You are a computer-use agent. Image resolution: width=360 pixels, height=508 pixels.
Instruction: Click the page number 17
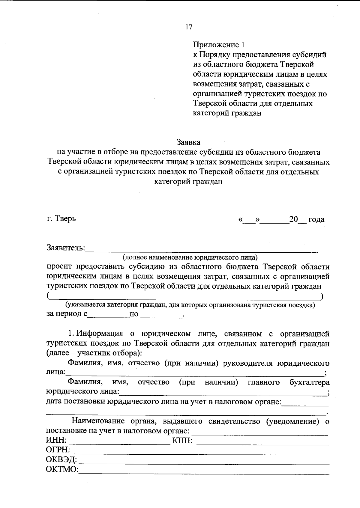[x=189, y=27]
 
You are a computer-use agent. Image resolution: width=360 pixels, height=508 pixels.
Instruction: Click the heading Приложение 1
[x=219, y=45]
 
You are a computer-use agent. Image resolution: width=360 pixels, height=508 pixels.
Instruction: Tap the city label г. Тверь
[x=61, y=218]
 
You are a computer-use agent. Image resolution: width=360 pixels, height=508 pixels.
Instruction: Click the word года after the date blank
[x=316, y=219]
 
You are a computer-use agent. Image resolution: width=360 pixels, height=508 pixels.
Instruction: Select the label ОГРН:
[x=58, y=450]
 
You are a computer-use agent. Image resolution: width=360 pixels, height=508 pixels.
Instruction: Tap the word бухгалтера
[x=310, y=382]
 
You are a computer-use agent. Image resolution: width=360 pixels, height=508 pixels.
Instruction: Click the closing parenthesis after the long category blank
[x=322, y=297]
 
